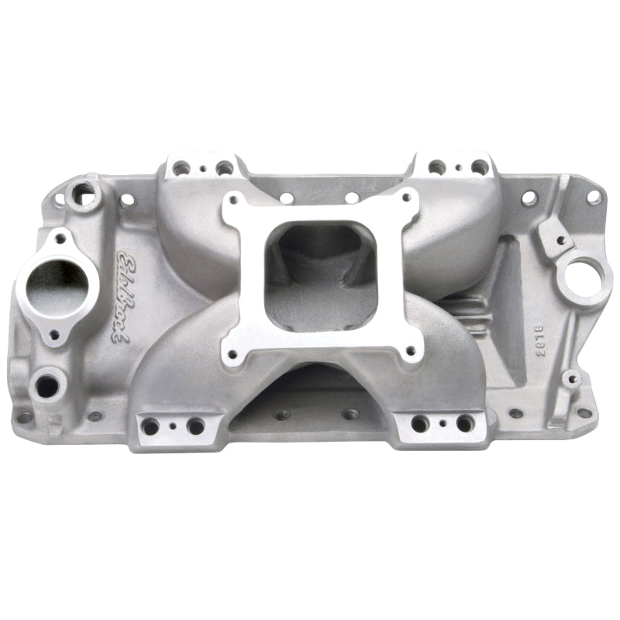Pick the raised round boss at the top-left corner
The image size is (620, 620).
[81, 191]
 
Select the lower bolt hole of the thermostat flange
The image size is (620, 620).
[54, 336]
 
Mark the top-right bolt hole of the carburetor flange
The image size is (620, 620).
[405, 199]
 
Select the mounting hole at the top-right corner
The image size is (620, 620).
[593, 197]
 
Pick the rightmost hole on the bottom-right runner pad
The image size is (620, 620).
[463, 423]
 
